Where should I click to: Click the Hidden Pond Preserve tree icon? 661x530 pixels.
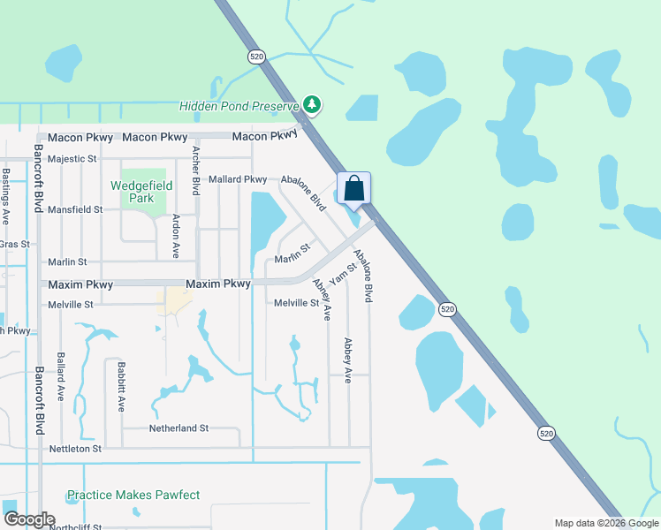coord(311,105)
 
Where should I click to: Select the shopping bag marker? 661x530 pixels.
coord(353,189)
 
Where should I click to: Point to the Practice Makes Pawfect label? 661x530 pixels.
coord(133,496)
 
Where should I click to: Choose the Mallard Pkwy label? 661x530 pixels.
coord(238,179)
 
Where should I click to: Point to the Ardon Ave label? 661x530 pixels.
coord(177,236)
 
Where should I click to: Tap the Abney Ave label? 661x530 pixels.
coord(322,299)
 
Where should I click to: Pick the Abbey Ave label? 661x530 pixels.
coord(348,360)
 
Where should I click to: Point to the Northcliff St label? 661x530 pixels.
coord(75,527)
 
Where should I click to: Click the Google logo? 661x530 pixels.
coord(29,519)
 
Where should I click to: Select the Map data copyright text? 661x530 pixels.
coord(605,523)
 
